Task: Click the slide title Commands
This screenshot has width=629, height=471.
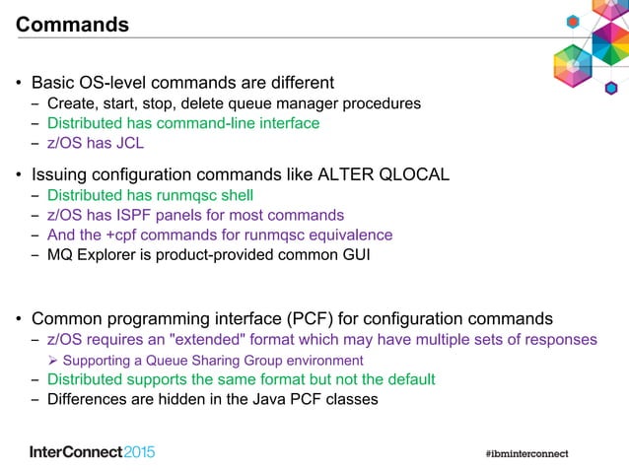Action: (73, 25)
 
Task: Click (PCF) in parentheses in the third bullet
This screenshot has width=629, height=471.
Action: (314, 318)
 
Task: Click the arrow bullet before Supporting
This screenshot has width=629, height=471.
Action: (54, 361)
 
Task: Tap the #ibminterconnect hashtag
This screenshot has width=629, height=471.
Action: (526, 453)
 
